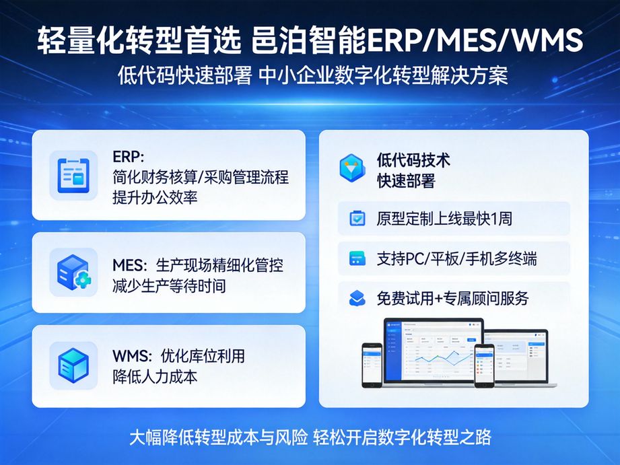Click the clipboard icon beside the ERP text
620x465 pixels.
pyautogui.click(x=73, y=174)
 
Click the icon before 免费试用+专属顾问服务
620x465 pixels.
pyautogui.click(x=357, y=297)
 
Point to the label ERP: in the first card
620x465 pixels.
pyautogui.click(x=129, y=156)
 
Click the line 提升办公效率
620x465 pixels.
pyautogui.click(x=155, y=198)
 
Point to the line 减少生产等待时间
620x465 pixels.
pyautogui.click(x=169, y=285)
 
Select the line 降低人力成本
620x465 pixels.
pyautogui.click(x=155, y=376)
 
